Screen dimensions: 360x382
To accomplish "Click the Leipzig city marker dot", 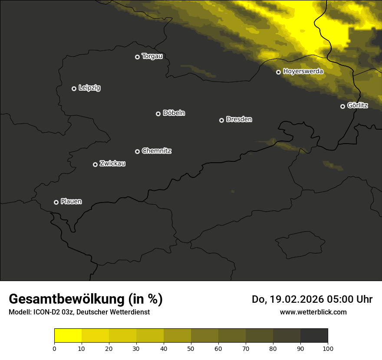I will coord(74,88).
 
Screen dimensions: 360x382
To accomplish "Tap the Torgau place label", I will coord(152,56).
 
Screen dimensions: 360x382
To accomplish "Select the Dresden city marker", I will coord(221,120).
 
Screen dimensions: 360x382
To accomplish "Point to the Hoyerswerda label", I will coord(303,72).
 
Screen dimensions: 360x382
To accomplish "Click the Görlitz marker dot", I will coord(342,106).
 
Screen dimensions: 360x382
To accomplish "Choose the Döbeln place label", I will coord(174,113).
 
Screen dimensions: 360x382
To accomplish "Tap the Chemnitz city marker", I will coord(138,151).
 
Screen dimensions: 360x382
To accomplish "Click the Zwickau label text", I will coord(112,164).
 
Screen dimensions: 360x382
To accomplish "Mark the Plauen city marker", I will coord(56,202).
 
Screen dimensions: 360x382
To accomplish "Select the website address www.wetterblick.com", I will coord(313,312).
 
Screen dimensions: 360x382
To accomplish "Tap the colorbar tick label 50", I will coord(191,348).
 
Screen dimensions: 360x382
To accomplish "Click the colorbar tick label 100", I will coord(328,348).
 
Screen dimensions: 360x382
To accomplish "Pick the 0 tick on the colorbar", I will coord(54,348).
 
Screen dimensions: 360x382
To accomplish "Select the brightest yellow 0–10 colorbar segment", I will coord(68,335).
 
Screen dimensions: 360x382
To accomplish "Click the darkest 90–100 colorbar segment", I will coord(314,335).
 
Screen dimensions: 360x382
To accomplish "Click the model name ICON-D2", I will coord(46,312).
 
